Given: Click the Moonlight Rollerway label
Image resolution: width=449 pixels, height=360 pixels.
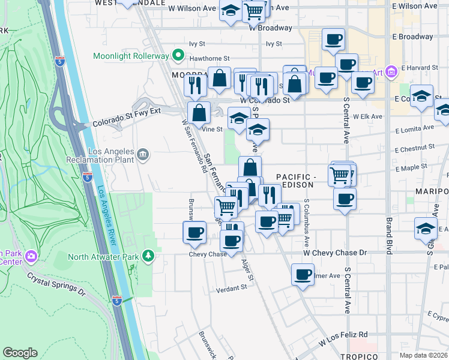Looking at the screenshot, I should click(x=131, y=56).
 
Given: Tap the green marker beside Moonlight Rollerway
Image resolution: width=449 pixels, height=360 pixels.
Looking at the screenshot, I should click(x=178, y=56).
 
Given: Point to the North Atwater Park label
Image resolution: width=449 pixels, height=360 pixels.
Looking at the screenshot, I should click(x=103, y=257).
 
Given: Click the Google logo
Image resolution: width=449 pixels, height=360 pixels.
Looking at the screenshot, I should click(x=20, y=353).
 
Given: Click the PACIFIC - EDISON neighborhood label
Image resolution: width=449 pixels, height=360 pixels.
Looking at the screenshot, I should click(x=296, y=181).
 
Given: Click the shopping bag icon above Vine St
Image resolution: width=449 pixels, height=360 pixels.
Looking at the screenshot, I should click(x=199, y=112).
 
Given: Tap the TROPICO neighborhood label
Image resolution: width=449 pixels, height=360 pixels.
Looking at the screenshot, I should click(x=358, y=356).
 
